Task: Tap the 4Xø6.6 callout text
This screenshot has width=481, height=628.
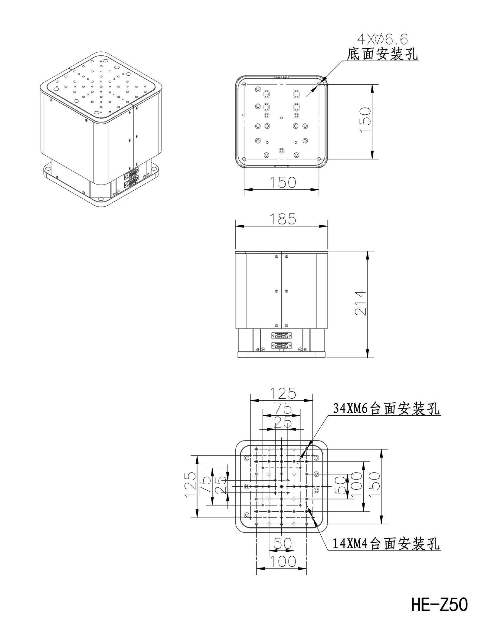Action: [x=382, y=39]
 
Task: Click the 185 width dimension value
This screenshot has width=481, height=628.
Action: [x=283, y=219]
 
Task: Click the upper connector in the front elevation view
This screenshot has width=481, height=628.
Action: [x=282, y=335]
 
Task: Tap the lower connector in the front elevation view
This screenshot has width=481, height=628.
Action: [x=282, y=345]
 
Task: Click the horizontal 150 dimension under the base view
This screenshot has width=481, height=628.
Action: [x=283, y=182]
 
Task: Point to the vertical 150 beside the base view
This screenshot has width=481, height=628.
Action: [x=365, y=120]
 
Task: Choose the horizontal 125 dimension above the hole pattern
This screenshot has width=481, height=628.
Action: [x=283, y=393]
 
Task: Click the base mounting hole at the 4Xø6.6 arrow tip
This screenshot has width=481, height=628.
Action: [x=319, y=84]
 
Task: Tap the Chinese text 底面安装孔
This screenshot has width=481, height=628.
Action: [x=382, y=54]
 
